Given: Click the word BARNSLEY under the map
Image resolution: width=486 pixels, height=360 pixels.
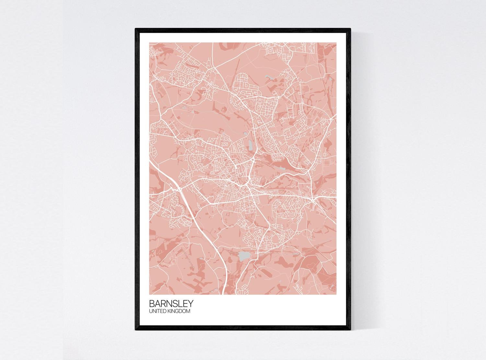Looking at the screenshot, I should (171, 304).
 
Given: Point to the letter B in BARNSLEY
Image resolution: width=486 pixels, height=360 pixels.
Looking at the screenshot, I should (152, 304).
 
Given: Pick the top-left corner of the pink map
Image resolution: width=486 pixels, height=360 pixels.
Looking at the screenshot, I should (149, 42).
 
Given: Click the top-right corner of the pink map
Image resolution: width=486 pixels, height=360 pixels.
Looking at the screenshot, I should (337, 42).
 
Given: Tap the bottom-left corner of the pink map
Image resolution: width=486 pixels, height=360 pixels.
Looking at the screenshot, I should (149, 295).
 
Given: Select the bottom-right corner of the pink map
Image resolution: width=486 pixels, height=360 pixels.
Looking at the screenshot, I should (337, 295).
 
